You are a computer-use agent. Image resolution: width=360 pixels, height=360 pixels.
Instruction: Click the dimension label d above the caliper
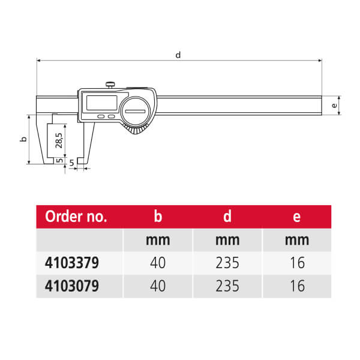point(178,55)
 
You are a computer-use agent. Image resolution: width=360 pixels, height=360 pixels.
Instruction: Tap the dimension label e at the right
point(334,106)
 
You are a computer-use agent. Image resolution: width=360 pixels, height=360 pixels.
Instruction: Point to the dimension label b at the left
point(23,139)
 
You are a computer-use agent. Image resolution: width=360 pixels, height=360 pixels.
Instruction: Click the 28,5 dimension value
point(59,140)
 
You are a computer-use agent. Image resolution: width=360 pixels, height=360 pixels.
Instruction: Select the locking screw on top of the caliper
point(110,85)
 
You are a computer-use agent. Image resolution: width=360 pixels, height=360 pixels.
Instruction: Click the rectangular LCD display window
point(102,103)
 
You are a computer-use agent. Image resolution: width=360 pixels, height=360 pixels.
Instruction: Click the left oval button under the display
point(101,116)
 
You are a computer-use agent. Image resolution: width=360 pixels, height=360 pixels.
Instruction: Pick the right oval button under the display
point(112,116)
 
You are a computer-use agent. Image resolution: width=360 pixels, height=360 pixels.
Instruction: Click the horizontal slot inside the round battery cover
point(135,112)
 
